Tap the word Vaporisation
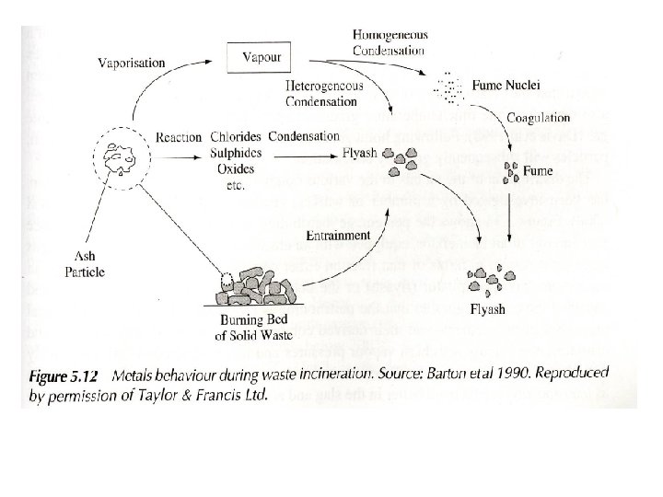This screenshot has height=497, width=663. [x=132, y=63]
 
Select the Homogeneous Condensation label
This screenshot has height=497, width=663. [x=390, y=42]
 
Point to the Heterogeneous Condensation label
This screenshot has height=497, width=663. [x=325, y=93]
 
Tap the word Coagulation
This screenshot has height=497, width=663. [x=539, y=119]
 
